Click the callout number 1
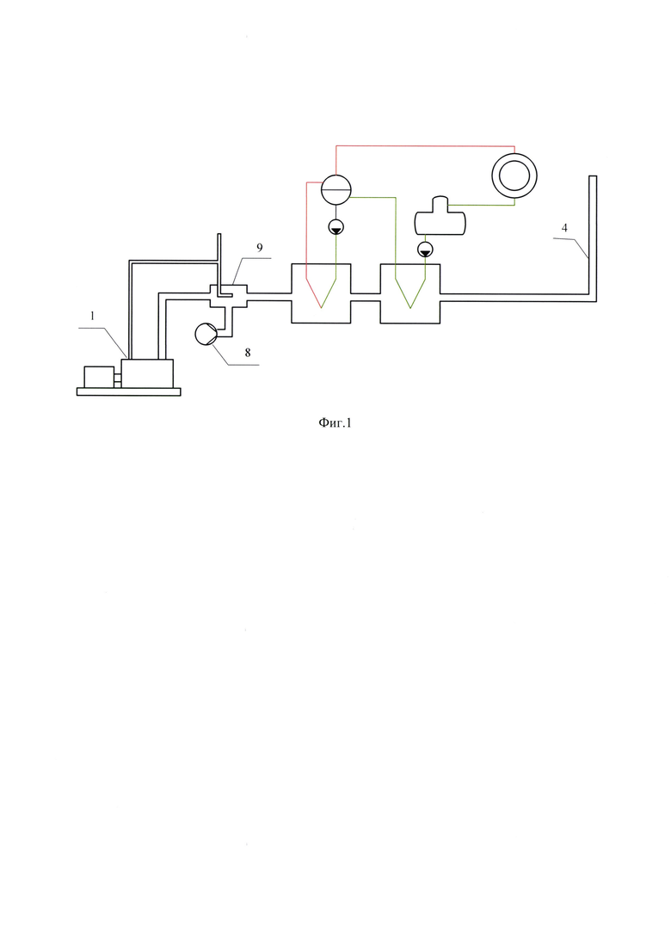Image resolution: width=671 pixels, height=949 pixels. [x=93, y=315]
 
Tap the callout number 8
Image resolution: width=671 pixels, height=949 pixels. [x=248, y=353]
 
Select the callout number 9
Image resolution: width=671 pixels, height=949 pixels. [x=260, y=248]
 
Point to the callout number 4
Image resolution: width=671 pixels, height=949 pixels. [x=564, y=228]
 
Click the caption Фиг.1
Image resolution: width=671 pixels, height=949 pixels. [x=335, y=423]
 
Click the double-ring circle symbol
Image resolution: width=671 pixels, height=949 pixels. [x=514, y=175]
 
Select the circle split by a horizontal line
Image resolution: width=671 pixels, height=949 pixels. [x=335, y=189]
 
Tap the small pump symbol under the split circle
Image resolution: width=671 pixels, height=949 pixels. [x=335, y=227]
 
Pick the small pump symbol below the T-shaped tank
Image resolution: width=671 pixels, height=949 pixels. [x=425, y=248]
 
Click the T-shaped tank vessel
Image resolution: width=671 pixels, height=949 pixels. [x=440, y=217]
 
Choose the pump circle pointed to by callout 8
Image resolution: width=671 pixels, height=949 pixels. [x=205, y=334]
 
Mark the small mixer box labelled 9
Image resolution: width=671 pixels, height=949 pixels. [x=228, y=295]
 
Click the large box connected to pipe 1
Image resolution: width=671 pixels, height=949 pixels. [x=147, y=373]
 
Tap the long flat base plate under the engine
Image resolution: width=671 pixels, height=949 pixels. [x=128, y=391]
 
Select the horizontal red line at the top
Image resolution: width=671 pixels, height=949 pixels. [x=425, y=146]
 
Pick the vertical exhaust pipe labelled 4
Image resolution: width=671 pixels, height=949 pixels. [x=593, y=238]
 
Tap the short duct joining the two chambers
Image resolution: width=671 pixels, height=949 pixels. [x=366, y=298]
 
